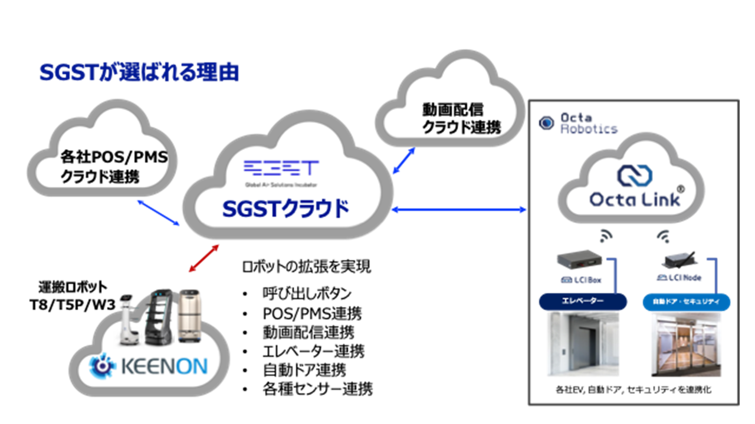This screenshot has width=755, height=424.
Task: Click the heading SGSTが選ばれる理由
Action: click(139, 72)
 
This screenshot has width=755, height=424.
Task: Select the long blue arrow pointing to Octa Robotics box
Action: click(459, 209)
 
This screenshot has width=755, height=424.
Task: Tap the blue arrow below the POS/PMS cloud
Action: click(158, 213)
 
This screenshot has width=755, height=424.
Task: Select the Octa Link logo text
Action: click(635, 200)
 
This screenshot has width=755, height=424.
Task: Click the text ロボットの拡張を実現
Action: click(307, 267)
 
